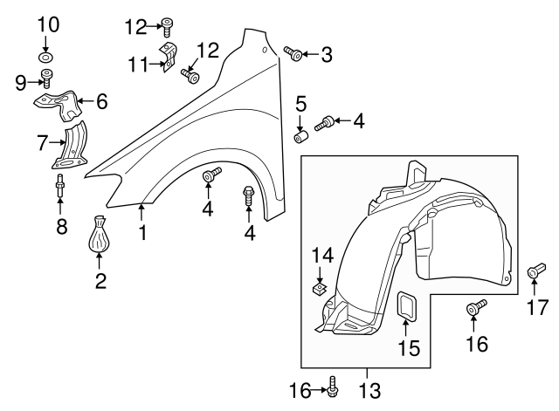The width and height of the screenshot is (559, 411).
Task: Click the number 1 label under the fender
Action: (x=141, y=233)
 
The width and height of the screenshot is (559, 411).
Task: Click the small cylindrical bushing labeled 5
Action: (x=302, y=138)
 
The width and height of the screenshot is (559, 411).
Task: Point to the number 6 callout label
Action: (x=101, y=102)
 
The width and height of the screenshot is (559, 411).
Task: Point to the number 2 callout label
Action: (x=100, y=281)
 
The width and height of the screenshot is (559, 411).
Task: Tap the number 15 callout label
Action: (x=408, y=348)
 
